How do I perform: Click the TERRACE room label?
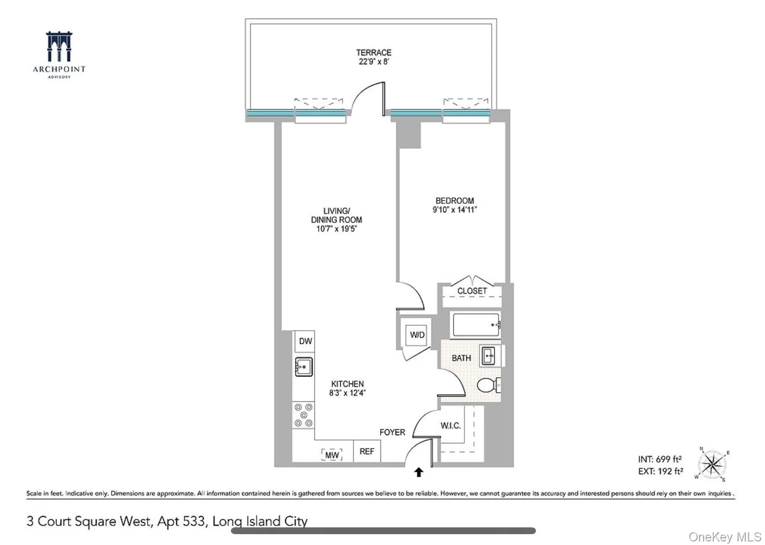(x=373, y=52)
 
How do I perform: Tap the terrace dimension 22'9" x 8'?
(x=373, y=62)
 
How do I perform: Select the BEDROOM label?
(x=455, y=201)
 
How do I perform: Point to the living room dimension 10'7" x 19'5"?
(x=336, y=229)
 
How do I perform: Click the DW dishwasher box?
(x=305, y=341)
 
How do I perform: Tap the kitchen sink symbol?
(x=304, y=366)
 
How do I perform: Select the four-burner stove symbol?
(x=303, y=415)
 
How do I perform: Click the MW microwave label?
(x=332, y=455)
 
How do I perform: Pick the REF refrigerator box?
(x=366, y=451)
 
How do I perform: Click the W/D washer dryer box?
(x=417, y=335)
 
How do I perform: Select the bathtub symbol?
(x=476, y=324)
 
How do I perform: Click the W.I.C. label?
(x=451, y=426)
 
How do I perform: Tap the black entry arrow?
(x=418, y=472)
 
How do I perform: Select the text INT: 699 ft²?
(x=660, y=459)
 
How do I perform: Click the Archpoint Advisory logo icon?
(x=59, y=47)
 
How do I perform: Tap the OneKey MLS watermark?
(x=724, y=537)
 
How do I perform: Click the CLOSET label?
(x=472, y=291)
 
